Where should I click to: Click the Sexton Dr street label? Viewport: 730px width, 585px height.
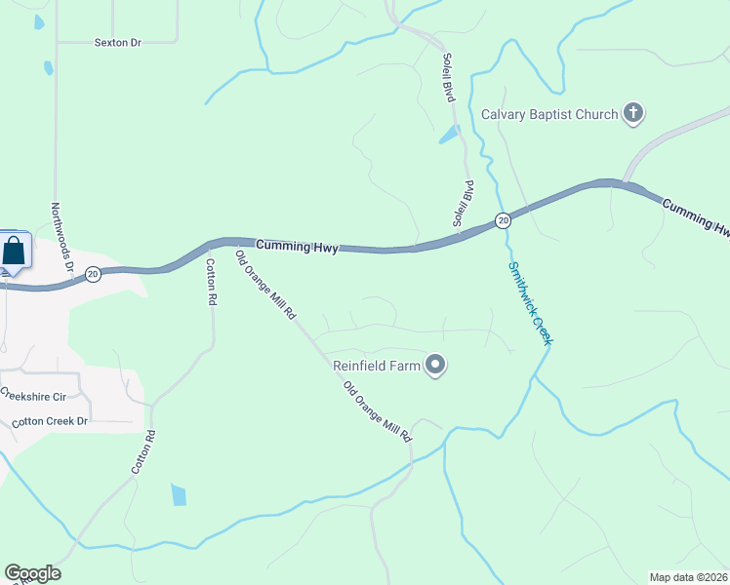118,43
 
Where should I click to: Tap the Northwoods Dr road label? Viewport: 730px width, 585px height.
62,237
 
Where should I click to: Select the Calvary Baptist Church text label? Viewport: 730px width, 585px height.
549,114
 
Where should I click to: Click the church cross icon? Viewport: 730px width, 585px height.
633,114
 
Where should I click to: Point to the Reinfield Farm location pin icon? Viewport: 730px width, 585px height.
436,366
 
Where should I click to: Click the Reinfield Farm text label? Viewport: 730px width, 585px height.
376,366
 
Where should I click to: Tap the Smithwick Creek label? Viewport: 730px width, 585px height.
530,302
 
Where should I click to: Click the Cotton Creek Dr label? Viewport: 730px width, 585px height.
50,421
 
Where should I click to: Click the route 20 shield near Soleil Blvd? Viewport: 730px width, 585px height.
502,220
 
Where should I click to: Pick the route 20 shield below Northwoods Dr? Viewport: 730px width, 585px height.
92,274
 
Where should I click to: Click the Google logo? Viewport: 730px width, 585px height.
32,573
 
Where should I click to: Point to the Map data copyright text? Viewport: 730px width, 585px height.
688,577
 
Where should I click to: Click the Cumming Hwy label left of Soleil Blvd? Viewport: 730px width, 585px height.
297,247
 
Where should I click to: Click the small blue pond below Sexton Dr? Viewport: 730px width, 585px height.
49,68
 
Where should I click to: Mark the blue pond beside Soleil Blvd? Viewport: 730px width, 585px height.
450,135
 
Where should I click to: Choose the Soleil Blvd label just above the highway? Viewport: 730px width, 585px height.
463,204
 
